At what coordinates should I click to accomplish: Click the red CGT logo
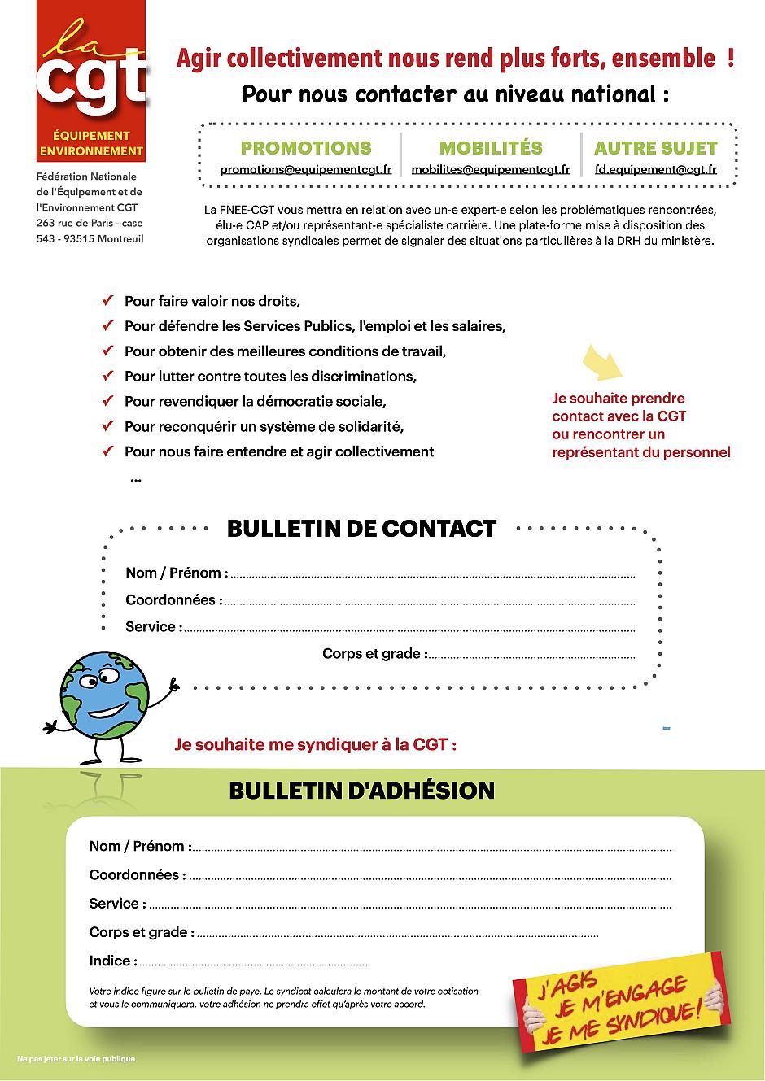(91, 81)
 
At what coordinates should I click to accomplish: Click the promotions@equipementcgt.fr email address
(306, 170)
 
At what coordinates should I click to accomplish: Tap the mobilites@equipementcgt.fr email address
(491, 170)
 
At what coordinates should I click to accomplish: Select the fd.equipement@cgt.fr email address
(655, 170)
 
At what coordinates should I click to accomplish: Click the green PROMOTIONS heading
(306, 148)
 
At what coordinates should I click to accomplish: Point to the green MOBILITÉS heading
(491, 148)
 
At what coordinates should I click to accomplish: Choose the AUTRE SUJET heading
(655, 148)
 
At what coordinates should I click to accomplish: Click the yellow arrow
(603, 362)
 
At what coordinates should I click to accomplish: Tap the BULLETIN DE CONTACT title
(361, 529)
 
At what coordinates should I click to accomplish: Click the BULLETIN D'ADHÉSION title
(361, 791)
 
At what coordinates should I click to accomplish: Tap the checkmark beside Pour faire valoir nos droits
(107, 301)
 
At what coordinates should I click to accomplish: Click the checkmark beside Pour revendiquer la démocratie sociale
(107, 401)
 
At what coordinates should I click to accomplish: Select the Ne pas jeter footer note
(76, 1059)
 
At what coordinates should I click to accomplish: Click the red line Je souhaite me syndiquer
(315, 744)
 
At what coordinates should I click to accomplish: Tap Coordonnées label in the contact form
(173, 600)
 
